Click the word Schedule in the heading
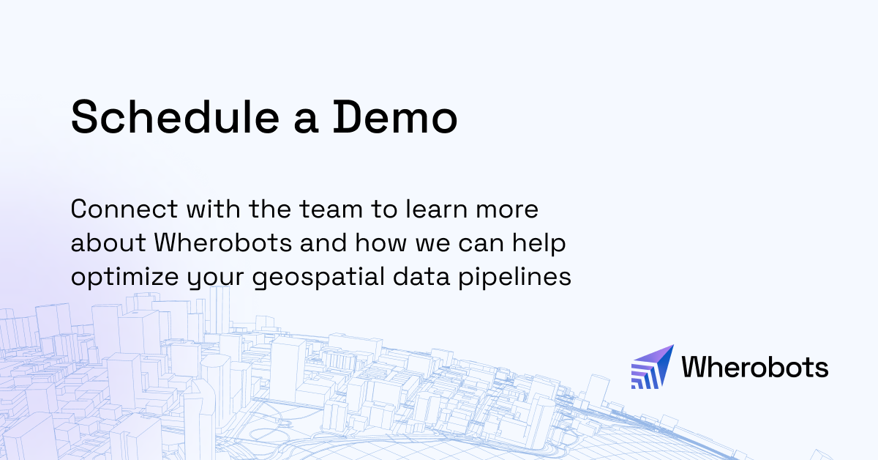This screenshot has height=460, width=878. coord(173,116)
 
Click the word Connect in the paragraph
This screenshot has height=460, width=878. coord(120,209)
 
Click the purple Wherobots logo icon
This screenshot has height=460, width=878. coord(652,366)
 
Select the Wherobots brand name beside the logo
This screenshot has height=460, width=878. coord(754,366)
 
